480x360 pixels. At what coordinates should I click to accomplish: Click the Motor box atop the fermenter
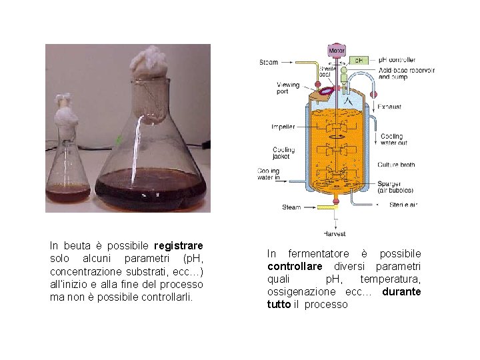[x=337, y=50]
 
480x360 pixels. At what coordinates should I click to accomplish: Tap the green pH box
[x=358, y=60]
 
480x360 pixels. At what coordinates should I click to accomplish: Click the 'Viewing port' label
[x=288, y=89]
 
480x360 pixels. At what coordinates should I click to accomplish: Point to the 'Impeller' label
[x=283, y=127]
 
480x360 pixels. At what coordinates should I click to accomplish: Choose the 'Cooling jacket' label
[x=283, y=153]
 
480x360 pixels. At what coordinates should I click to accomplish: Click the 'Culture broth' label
[x=396, y=165]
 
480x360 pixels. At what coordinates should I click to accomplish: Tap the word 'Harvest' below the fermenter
[x=335, y=234]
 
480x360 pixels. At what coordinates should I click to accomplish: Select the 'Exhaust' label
[x=389, y=107]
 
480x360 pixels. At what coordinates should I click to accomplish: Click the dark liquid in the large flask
[x=150, y=188]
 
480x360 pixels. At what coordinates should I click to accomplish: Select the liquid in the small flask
[x=68, y=195]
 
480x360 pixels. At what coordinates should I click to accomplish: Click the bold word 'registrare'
[x=178, y=246]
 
